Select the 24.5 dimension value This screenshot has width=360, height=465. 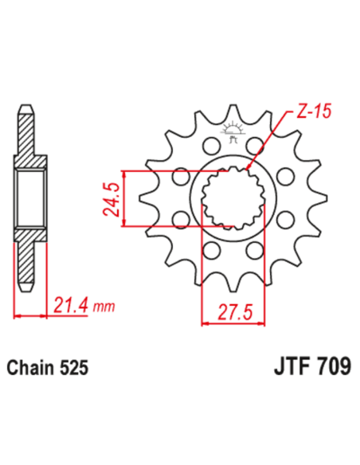pos(112,199)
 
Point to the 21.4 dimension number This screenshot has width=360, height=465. pos(69,304)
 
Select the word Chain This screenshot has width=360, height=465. pos(30,369)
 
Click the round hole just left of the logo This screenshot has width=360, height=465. pos(210,147)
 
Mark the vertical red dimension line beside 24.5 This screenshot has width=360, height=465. pos(126,199)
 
